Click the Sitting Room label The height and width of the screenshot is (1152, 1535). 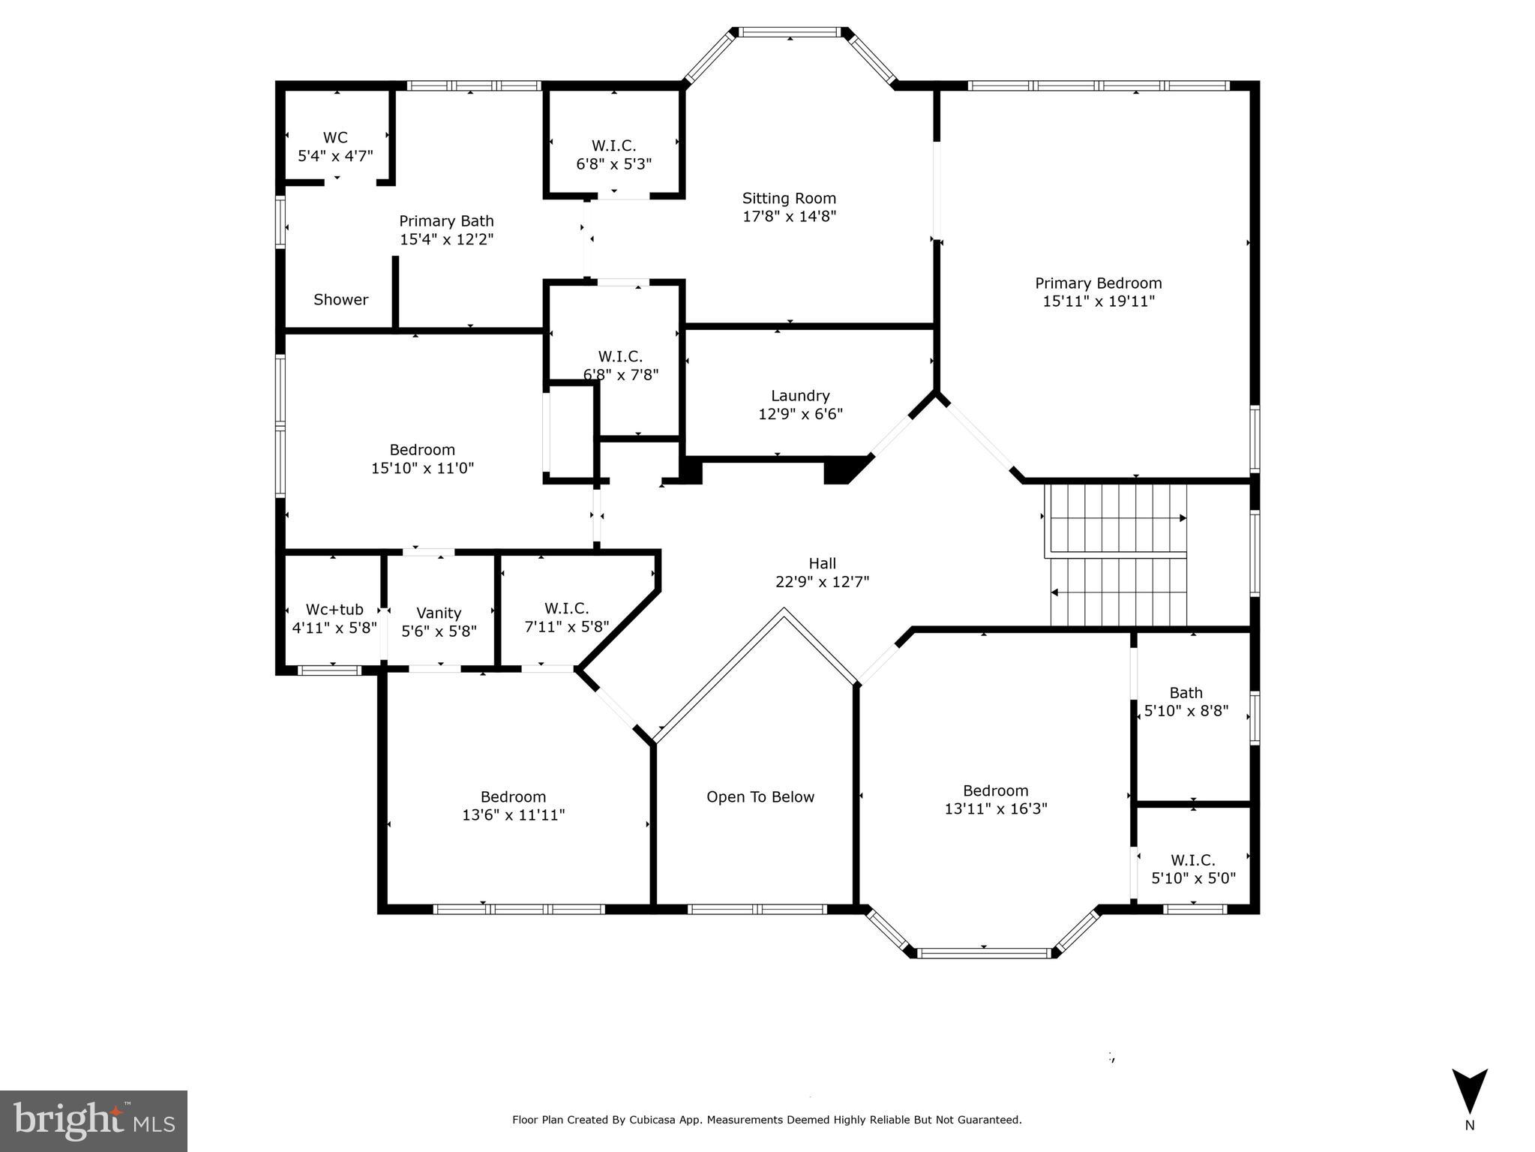pos(789,199)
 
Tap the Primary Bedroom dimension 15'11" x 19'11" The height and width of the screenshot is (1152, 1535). pos(1098,301)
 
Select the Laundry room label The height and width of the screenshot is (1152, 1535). pos(800,396)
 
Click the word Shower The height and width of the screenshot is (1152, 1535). pos(340,300)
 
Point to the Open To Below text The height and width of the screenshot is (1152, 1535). pos(760,797)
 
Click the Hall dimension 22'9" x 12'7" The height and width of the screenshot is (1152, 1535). pos(822,582)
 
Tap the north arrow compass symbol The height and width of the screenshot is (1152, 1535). pos(1469,1092)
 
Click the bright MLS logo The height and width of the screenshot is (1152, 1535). pos(93,1120)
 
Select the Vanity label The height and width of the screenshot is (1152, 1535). pos(439,613)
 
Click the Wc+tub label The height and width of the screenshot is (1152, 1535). pos(334,610)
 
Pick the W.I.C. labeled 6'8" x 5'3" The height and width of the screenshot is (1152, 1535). pos(613,154)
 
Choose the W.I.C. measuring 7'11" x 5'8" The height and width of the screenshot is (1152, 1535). pos(566,617)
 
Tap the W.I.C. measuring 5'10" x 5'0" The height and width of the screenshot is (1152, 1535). pos(1192,868)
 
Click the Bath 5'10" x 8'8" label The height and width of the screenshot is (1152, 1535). pos(1186,701)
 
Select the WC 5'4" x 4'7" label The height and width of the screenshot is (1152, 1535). pos(335,146)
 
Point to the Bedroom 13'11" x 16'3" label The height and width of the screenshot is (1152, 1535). pos(995,799)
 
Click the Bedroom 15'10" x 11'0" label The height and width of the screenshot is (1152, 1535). pos(422,458)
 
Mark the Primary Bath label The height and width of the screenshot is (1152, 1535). pos(446,221)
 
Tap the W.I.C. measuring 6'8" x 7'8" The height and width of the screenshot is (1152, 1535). pos(620,365)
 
